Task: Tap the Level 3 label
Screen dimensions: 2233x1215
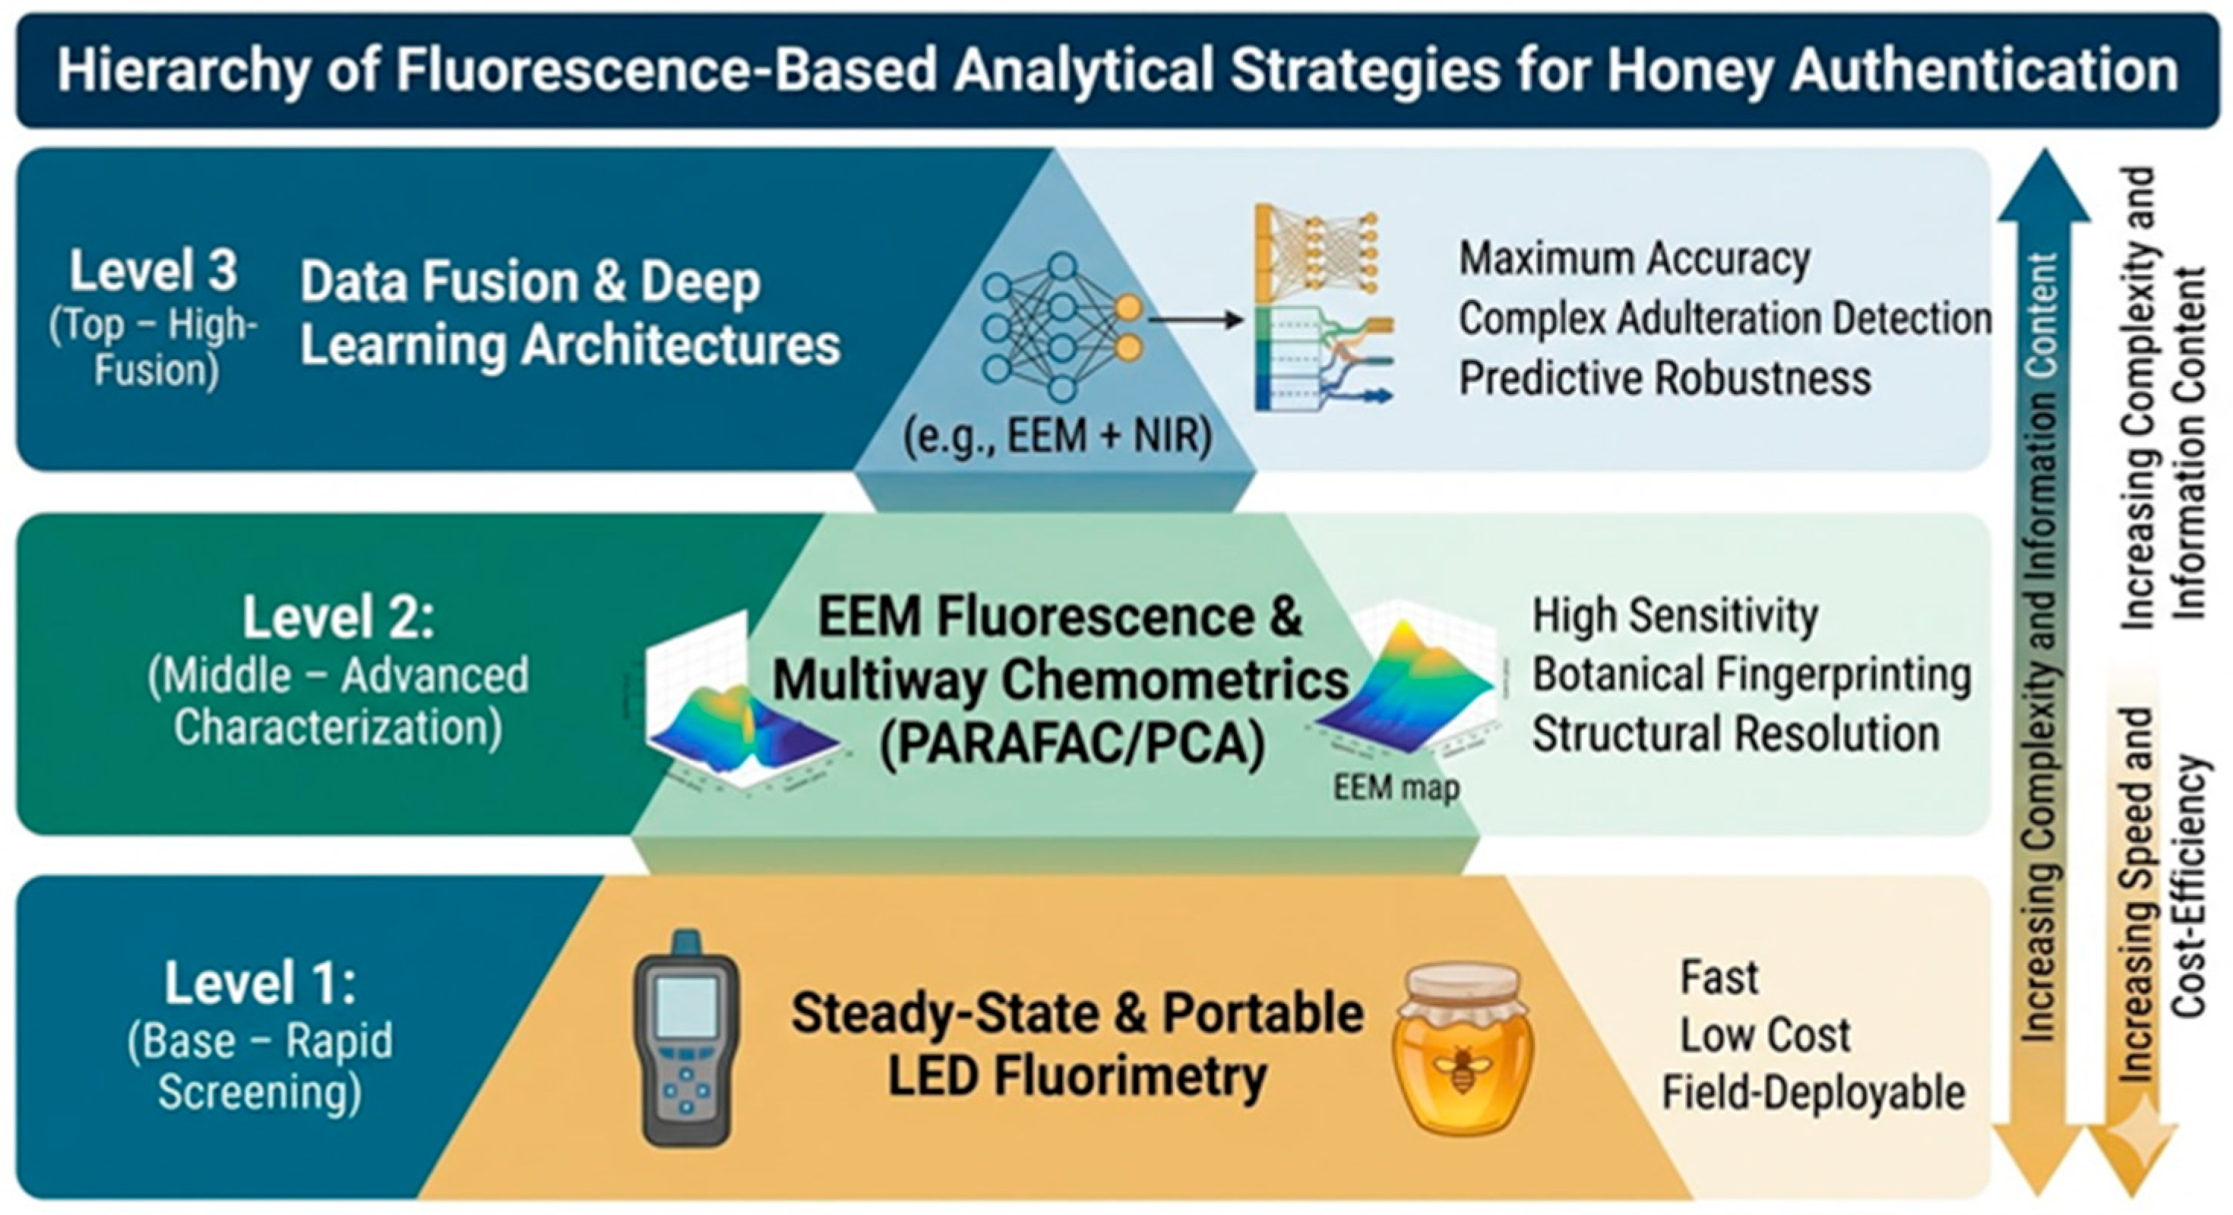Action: pyautogui.click(x=153, y=270)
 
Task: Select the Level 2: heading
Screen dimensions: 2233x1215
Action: pyautogui.click(x=338, y=617)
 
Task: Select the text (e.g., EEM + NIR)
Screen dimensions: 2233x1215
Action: pyautogui.click(x=1057, y=435)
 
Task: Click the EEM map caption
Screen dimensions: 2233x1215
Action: pyautogui.click(x=1396, y=787)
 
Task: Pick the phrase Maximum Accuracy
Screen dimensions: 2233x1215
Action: pyautogui.click(x=1635, y=258)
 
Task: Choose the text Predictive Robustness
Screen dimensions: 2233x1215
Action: pyautogui.click(x=1665, y=378)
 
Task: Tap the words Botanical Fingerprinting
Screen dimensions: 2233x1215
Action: pyautogui.click(x=1751, y=674)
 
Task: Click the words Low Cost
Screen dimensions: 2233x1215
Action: pyautogui.click(x=1765, y=1035)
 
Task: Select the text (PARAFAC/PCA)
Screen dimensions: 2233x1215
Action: pyautogui.click(x=1071, y=743)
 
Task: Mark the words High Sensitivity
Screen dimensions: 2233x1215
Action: pyautogui.click(x=1675, y=616)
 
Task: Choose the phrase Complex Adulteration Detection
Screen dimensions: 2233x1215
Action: pyautogui.click(x=1725, y=318)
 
